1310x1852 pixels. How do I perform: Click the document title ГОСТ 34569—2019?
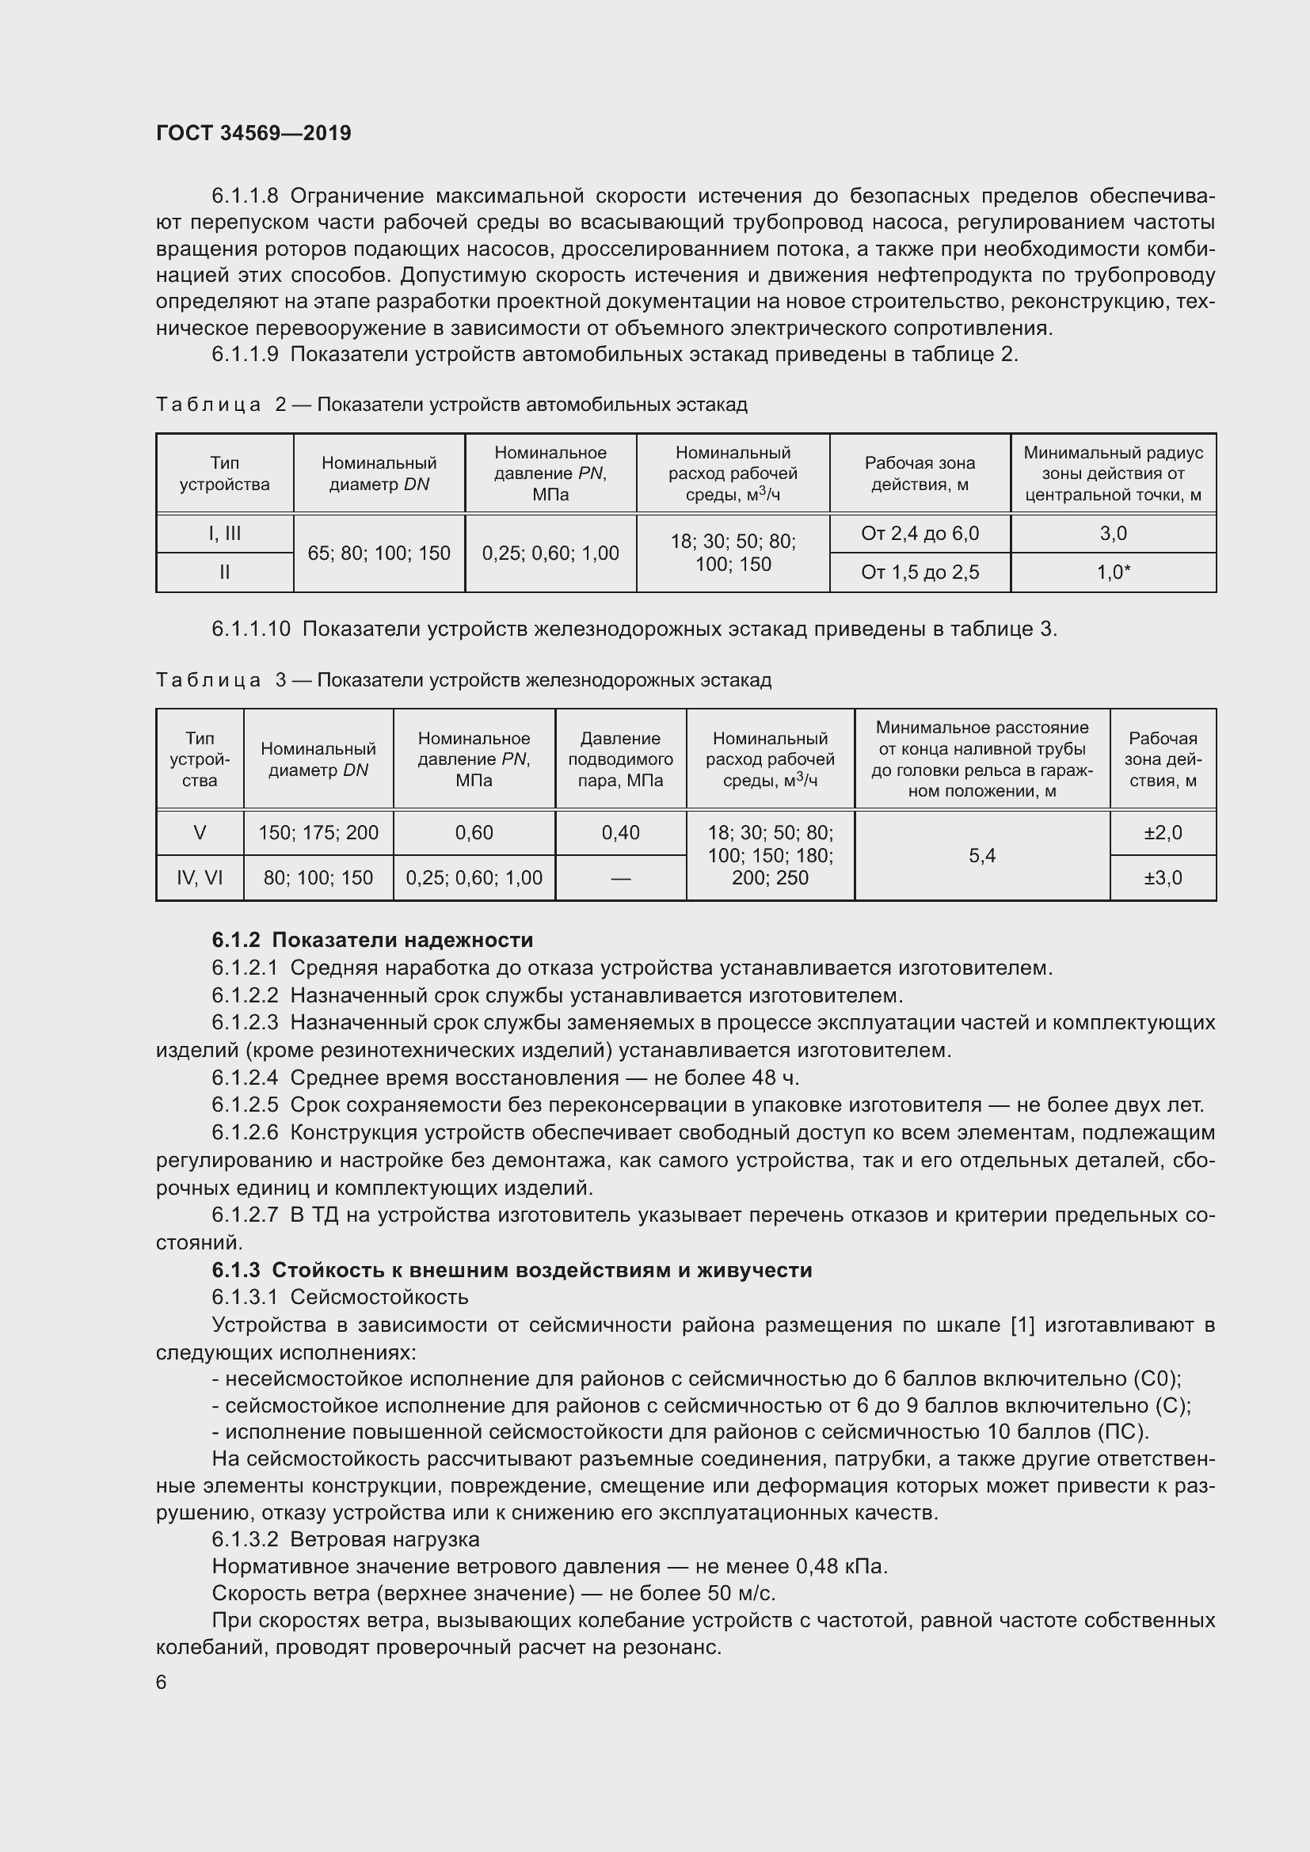click(253, 133)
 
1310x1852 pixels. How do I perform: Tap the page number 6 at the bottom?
click(162, 1682)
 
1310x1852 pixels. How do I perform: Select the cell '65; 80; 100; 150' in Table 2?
click(379, 553)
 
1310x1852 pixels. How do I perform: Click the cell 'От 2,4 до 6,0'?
click(920, 533)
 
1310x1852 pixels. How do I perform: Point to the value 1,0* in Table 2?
click(1113, 572)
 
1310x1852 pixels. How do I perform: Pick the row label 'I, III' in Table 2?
click(224, 533)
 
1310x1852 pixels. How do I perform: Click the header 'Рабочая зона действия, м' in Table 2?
click(920, 473)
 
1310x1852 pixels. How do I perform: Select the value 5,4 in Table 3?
click(981, 855)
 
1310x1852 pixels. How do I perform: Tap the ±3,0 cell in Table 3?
click(1163, 877)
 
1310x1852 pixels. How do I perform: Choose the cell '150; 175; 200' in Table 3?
click(318, 832)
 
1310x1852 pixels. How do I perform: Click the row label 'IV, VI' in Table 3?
click(200, 877)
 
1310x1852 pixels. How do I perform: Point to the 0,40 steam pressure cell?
click(620, 832)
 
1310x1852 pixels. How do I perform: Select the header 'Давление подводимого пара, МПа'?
click(620, 759)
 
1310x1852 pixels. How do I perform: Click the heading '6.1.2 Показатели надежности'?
click(372, 940)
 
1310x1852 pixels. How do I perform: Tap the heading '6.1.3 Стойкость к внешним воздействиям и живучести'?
click(512, 1270)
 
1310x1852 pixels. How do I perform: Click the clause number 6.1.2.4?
click(245, 1078)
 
